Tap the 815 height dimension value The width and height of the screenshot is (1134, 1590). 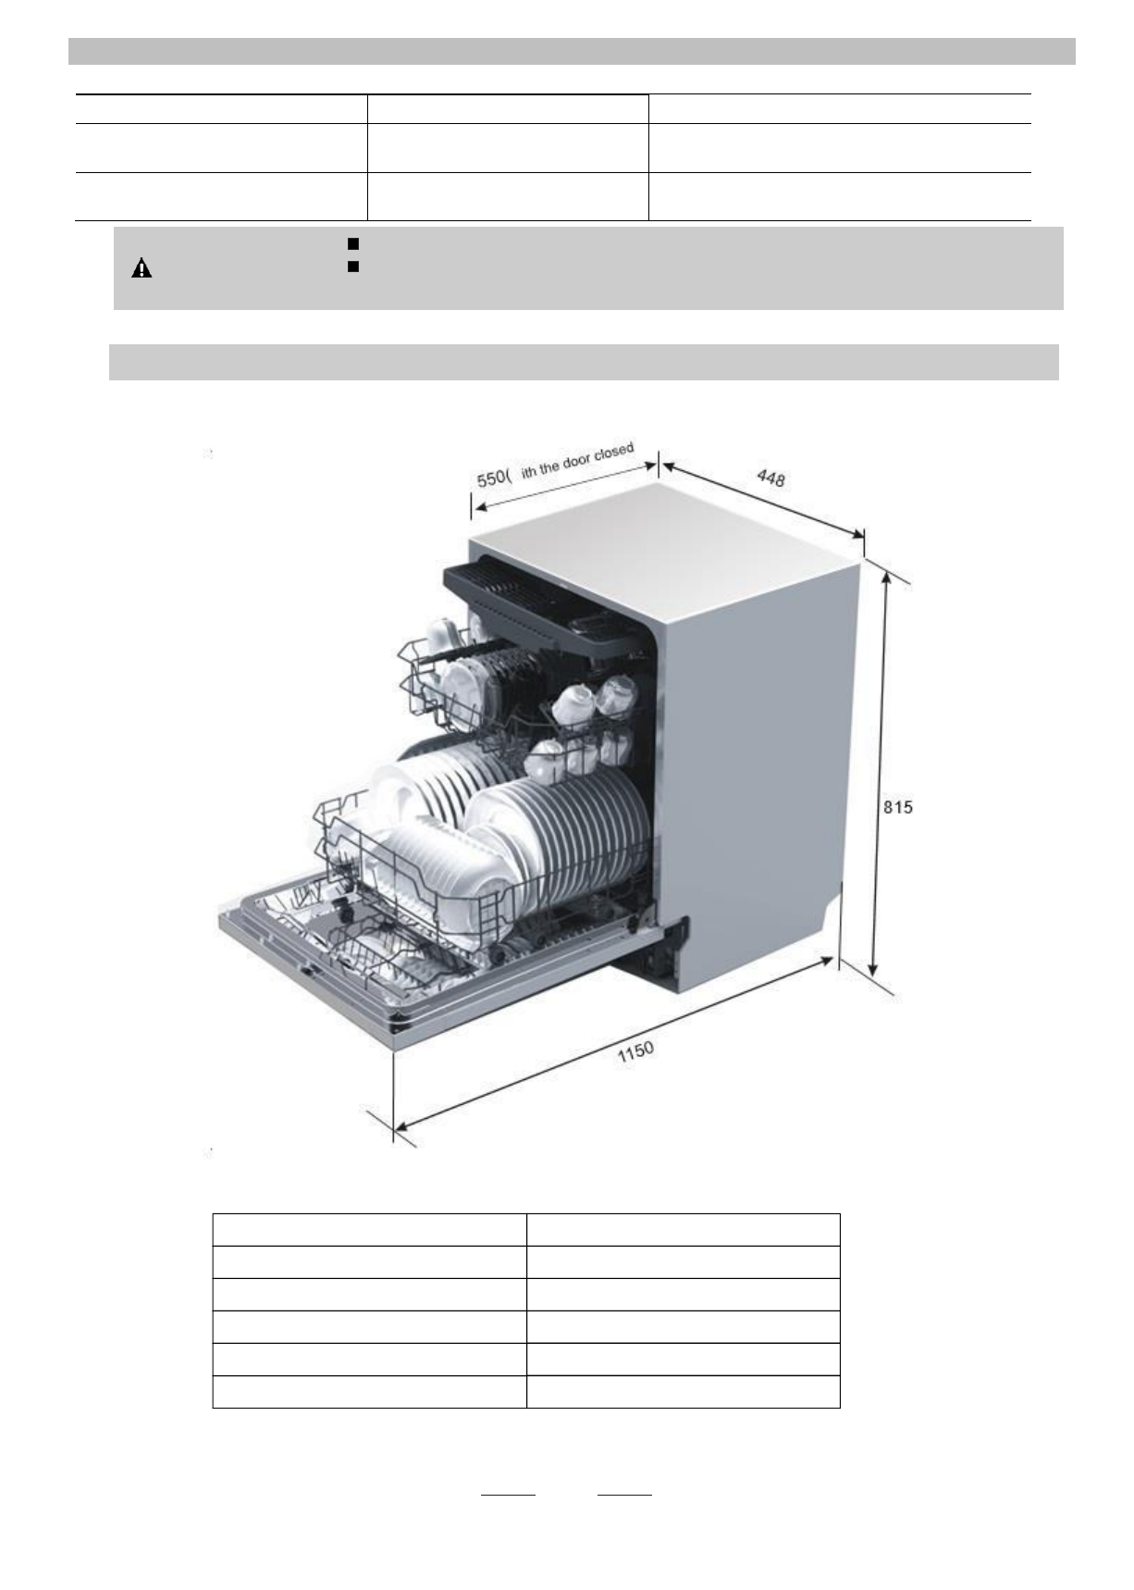point(897,807)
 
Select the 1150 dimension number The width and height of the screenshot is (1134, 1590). point(635,1053)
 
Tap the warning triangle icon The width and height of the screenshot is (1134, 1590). point(142,269)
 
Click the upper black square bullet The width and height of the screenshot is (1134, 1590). point(352,243)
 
